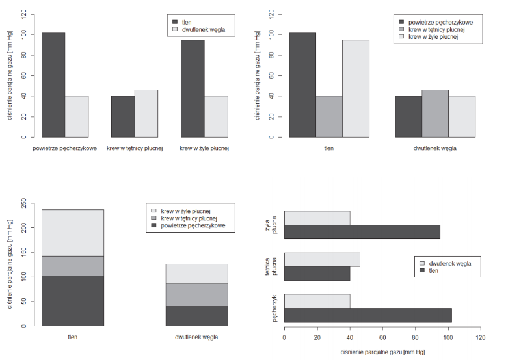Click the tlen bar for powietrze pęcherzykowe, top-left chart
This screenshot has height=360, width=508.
click(53, 84)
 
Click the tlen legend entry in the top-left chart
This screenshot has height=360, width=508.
click(187, 22)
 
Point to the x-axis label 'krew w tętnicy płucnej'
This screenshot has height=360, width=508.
click(135, 148)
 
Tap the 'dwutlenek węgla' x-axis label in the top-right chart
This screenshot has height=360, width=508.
click(435, 148)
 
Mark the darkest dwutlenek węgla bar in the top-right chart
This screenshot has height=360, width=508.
click(408, 116)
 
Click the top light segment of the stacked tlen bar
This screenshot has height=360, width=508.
click(73, 233)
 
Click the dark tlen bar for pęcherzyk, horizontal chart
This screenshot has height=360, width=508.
click(368, 315)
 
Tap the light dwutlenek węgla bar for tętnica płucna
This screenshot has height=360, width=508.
click(322, 260)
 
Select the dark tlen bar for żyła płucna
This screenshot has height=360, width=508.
click(362, 232)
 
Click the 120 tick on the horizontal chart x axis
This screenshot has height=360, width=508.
click(481, 339)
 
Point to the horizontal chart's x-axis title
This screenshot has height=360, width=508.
click(382, 352)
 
